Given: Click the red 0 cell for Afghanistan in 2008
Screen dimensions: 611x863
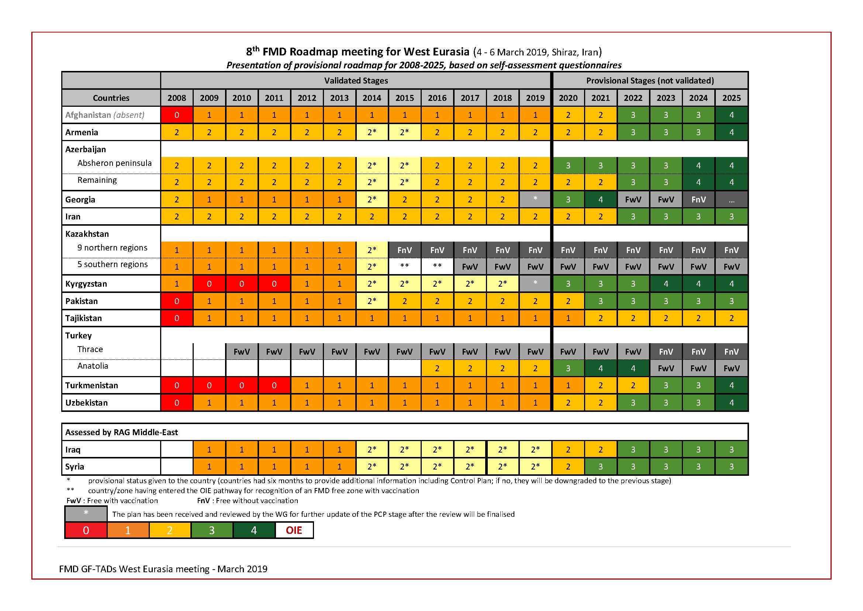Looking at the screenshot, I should click(177, 115).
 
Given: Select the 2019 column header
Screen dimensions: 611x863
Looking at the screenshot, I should click(535, 98).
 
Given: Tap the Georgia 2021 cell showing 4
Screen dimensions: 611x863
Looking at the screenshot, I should click(600, 199).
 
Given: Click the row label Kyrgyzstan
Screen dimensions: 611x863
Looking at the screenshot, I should click(86, 284).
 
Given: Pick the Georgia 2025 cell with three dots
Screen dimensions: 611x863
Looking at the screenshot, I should click(731, 200).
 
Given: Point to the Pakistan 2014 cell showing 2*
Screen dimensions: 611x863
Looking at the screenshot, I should click(372, 301).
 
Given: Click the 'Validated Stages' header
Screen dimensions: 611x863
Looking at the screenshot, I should click(356, 81).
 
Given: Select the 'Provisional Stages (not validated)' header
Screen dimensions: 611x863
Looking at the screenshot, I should click(649, 81).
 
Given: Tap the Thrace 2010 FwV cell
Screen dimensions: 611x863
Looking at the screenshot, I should click(241, 352).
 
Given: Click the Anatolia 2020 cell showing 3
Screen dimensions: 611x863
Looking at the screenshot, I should click(567, 368).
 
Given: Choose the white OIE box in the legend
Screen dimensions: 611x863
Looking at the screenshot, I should click(294, 530).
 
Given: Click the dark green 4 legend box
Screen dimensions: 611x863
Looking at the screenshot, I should click(254, 530).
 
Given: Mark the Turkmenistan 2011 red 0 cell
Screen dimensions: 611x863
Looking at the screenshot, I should click(274, 385).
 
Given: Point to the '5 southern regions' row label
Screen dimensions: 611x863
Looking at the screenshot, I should click(113, 264).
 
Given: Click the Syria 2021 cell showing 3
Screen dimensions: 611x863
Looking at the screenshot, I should click(600, 467).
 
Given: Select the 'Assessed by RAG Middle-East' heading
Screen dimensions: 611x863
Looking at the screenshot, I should click(121, 432).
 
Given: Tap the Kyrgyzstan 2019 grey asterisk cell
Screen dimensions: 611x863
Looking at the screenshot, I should click(535, 283).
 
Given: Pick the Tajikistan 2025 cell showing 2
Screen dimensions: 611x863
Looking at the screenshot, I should click(731, 318).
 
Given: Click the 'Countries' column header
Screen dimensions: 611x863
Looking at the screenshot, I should click(111, 98).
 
